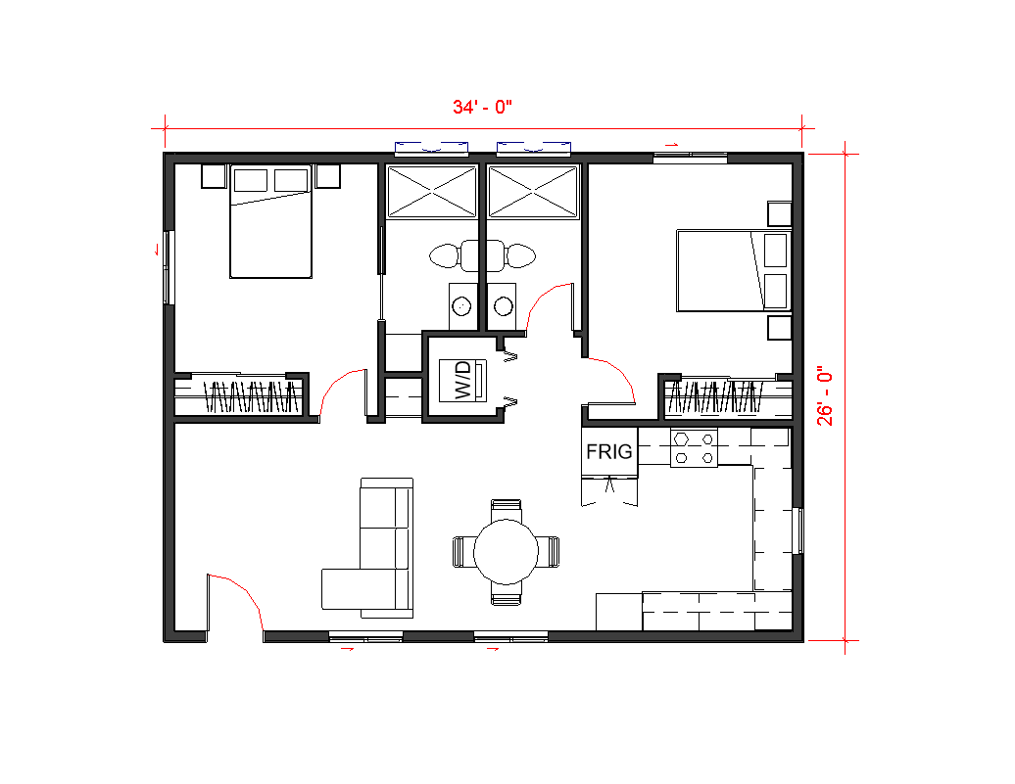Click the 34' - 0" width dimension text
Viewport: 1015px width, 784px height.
coord(482,107)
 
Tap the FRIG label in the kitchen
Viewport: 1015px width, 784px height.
coord(609,451)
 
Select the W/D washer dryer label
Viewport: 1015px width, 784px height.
coord(462,380)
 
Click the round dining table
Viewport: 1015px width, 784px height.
coord(507,552)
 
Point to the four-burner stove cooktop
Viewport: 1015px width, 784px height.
coord(694,447)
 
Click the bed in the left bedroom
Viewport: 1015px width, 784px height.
coord(270,221)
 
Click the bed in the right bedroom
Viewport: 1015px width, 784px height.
coord(734,270)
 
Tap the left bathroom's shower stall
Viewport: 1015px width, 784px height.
coord(432,192)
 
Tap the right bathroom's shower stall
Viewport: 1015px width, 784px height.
coord(533,192)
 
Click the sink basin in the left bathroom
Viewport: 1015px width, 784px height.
coord(460,306)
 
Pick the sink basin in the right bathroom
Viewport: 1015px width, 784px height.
coord(503,306)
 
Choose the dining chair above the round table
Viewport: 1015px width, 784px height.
coord(507,509)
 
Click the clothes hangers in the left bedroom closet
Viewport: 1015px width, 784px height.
coord(253,395)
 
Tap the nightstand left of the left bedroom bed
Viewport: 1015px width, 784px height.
coord(214,176)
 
